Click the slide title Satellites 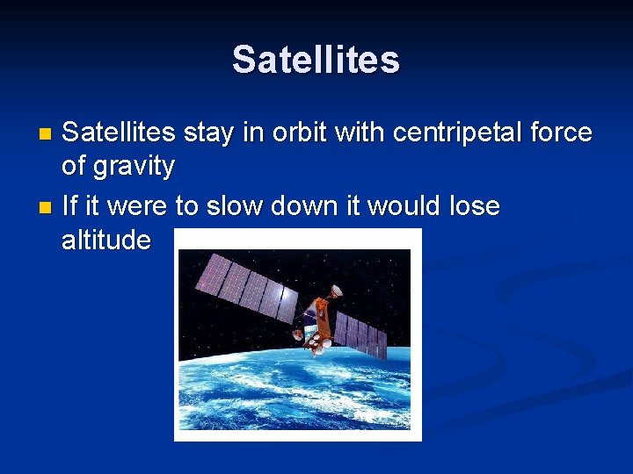316,61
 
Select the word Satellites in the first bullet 120,133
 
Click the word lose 474,207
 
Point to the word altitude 106,239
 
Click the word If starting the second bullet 69,207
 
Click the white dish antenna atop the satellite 335,291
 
